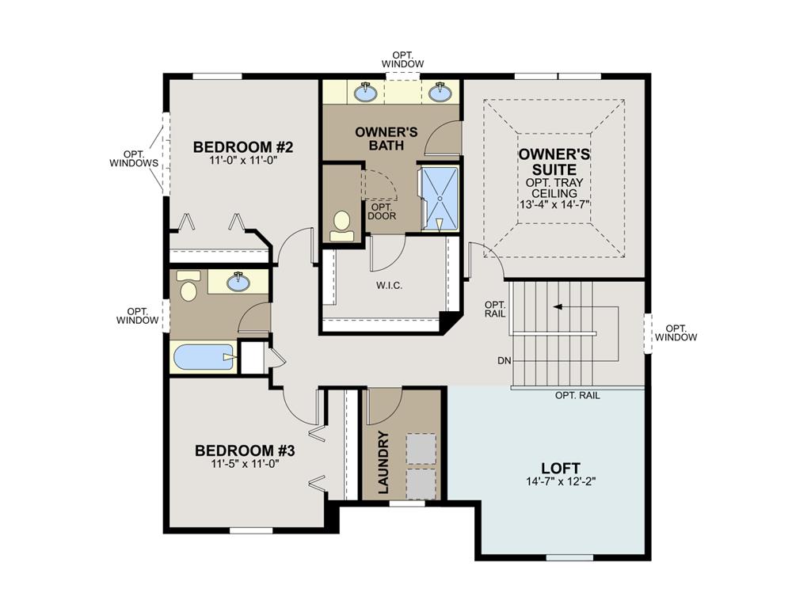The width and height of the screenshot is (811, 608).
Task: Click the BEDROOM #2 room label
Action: tap(233, 147)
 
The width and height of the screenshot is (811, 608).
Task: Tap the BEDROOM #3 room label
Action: tap(245, 450)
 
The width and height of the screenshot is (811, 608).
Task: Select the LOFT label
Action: tap(561, 468)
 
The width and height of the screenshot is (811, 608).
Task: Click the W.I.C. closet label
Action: tap(385, 286)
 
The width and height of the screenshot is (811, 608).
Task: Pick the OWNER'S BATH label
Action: tap(386, 138)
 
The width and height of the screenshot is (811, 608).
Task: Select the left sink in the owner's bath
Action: tap(365, 93)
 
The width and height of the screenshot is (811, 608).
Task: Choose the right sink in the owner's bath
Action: tap(440, 93)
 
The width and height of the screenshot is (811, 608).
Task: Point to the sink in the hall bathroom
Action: tap(237, 281)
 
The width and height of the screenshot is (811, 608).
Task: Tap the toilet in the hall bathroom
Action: tap(188, 287)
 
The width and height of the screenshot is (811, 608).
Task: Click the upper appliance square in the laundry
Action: tap(421, 449)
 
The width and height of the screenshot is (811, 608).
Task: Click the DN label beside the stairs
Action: tap(504, 361)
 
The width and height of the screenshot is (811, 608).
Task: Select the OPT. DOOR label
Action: tap(382, 211)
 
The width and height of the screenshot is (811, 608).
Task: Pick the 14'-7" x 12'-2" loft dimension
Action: tap(561, 481)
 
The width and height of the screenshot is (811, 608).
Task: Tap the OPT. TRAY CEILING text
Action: tap(554, 188)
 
